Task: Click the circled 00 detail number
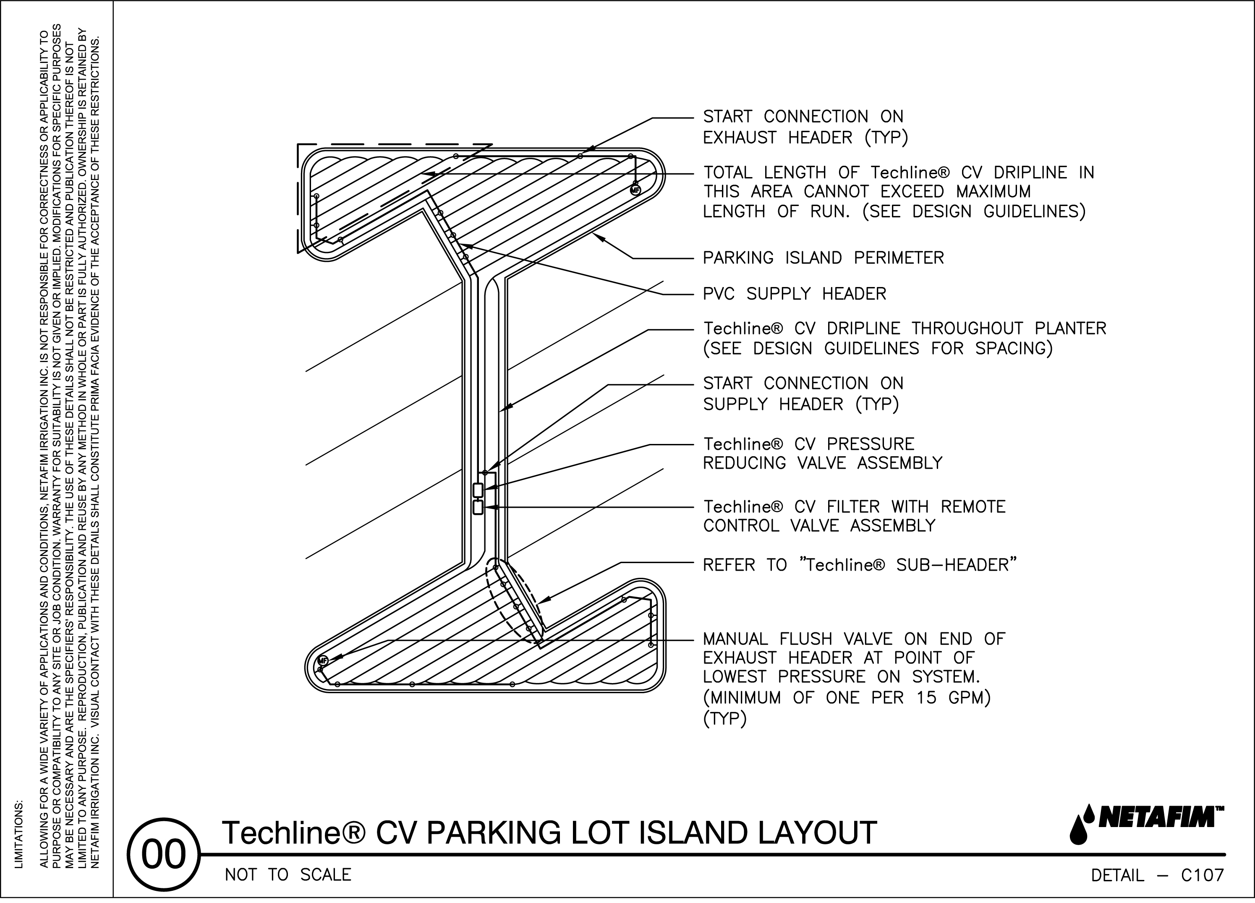(x=163, y=855)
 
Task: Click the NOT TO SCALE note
(x=288, y=875)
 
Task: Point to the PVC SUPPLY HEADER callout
(x=794, y=294)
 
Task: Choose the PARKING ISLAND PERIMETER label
(x=823, y=258)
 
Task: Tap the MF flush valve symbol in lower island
(x=323, y=660)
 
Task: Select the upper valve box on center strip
(x=478, y=490)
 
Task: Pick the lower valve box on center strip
(x=478, y=507)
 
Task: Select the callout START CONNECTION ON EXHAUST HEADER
(x=805, y=127)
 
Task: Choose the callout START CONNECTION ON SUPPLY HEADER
(x=803, y=394)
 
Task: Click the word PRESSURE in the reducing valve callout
(x=871, y=444)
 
